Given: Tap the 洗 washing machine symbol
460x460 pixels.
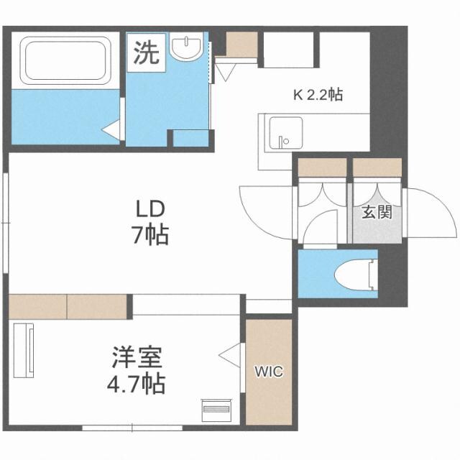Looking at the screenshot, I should (147, 52).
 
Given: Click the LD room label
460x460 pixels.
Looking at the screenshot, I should (152, 208).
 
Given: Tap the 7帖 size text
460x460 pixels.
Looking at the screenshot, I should (152, 234).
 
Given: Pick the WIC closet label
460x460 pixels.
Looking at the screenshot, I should (269, 372).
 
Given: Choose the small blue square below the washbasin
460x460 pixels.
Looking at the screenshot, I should (190, 137).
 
